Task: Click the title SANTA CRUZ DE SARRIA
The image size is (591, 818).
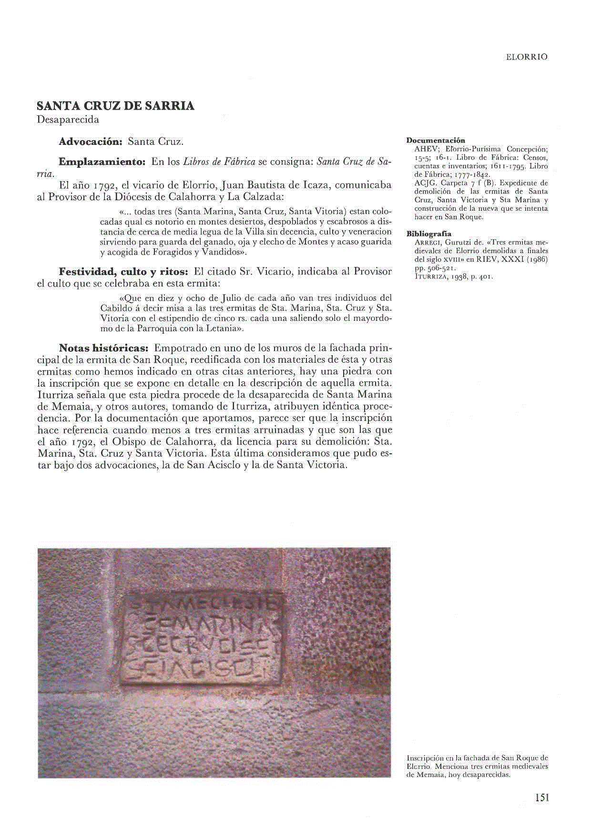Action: click(x=115, y=106)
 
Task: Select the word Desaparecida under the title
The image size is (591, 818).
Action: click(x=68, y=120)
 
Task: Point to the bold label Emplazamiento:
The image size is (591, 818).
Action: click(x=102, y=162)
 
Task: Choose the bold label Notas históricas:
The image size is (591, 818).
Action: click(x=104, y=348)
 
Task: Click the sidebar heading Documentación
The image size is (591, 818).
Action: click(x=435, y=140)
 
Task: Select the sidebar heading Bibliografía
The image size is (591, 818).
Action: click(x=428, y=234)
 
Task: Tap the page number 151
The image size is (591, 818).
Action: click(x=541, y=797)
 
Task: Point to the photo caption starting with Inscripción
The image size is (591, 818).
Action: click(x=477, y=766)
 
